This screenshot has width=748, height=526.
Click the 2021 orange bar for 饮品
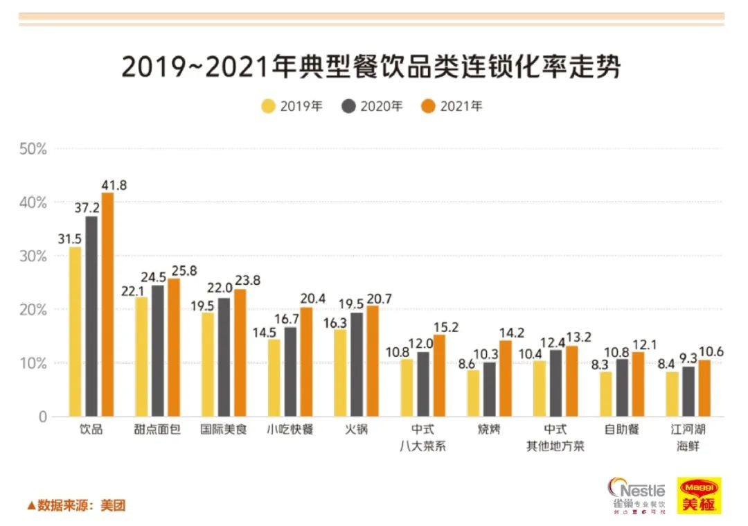(107, 305)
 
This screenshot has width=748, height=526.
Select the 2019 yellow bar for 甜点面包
(141, 357)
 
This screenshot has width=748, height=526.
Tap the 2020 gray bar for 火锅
(356, 365)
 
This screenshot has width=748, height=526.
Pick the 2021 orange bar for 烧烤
(505, 378)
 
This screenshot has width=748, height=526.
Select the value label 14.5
(265, 331)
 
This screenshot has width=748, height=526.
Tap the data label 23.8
(247, 281)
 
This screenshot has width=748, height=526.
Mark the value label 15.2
(445, 328)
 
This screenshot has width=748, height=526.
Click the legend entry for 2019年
(292, 106)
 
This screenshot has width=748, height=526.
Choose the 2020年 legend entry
(372, 106)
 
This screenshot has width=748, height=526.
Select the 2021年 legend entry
(452, 106)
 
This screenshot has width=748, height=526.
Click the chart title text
(371, 67)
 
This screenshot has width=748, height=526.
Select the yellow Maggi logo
(698, 496)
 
